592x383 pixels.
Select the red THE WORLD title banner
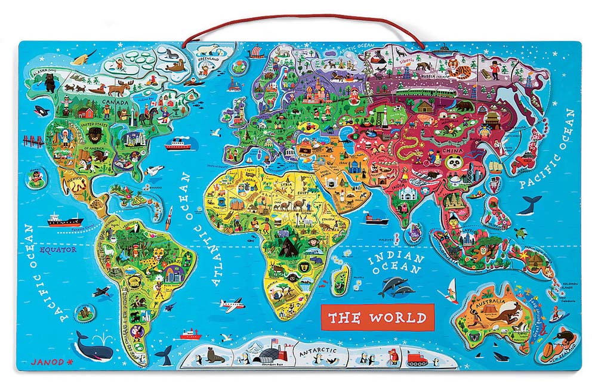tap(375, 317)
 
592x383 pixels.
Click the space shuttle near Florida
tap(154, 170)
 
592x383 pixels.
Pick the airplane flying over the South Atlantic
tap(232, 304)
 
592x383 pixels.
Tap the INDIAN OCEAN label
tap(396, 264)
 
